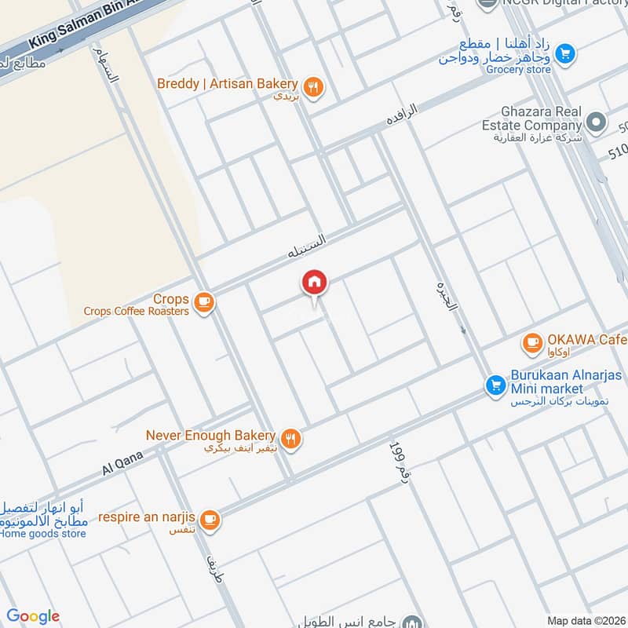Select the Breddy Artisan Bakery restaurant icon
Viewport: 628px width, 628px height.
point(314,88)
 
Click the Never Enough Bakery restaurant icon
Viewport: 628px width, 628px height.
point(291,440)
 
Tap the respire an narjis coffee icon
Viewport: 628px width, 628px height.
point(210,519)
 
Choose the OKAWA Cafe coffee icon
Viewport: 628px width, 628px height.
point(533,342)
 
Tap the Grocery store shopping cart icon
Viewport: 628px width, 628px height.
point(564,54)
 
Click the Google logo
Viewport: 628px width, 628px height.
point(33,616)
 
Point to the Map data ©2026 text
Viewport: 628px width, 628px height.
point(585,620)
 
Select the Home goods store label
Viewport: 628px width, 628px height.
point(43,535)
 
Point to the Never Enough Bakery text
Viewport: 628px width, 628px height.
point(210,435)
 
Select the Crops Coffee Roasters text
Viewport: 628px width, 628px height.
point(137,311)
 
